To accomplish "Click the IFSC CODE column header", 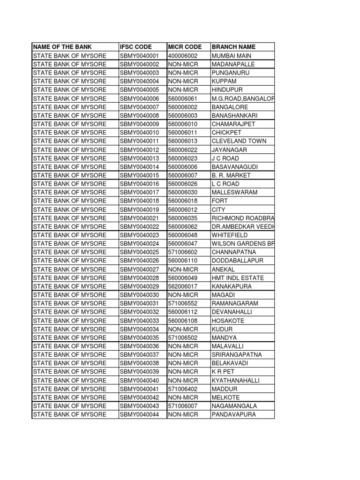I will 136,47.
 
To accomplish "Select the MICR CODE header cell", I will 185,47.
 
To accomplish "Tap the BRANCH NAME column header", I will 234,47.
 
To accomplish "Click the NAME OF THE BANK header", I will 62,47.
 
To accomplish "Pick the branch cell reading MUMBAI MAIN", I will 232,56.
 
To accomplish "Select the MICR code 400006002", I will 183,56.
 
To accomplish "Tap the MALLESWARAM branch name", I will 234,192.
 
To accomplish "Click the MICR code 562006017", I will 183,286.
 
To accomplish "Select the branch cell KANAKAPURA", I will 232,286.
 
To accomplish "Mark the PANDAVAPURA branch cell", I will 234,414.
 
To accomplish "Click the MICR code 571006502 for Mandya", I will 183,337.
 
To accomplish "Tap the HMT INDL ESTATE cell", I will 238,278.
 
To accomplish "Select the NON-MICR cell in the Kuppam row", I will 183,81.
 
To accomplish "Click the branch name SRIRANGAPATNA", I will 237,355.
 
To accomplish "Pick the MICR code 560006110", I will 183,261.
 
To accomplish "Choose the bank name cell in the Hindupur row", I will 69,90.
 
